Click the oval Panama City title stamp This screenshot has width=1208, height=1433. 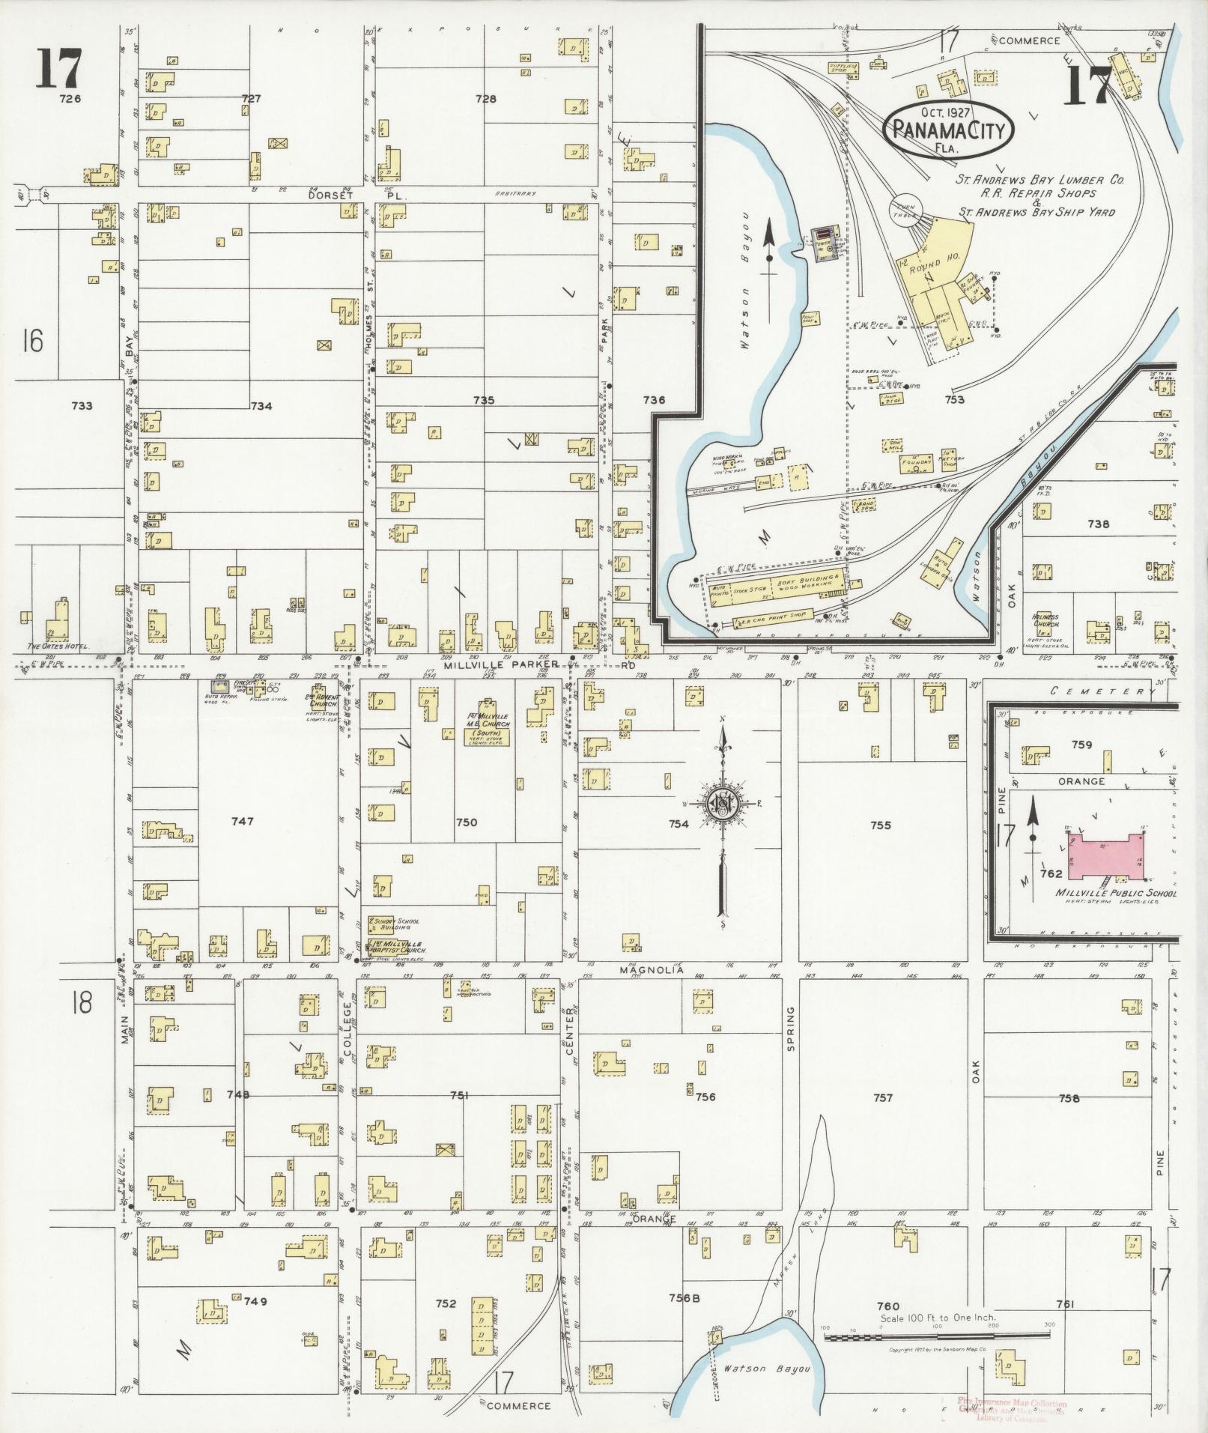[947, 130]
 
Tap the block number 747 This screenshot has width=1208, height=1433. [243, 821]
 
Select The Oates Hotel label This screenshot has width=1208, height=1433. [58, 646]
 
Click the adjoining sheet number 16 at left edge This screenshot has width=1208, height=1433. [31, 341]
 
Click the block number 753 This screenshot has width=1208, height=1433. [954, 399]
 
